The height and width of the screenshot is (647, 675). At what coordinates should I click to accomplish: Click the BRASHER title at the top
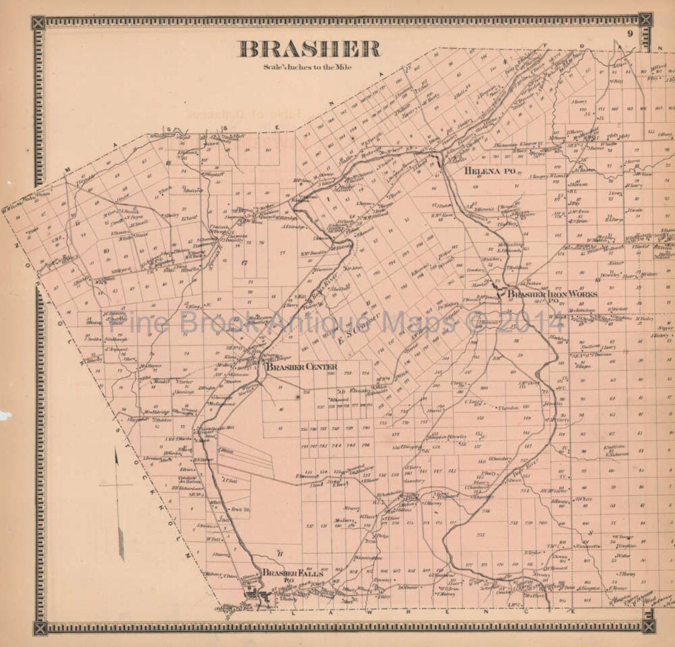click(x=309, y=49)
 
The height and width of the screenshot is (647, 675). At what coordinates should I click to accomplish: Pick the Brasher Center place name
click(x=301, y=367)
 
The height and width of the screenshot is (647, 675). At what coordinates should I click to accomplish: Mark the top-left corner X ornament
click(x=39, y=23)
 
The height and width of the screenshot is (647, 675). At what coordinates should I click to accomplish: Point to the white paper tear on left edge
click(x=5, y=414)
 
